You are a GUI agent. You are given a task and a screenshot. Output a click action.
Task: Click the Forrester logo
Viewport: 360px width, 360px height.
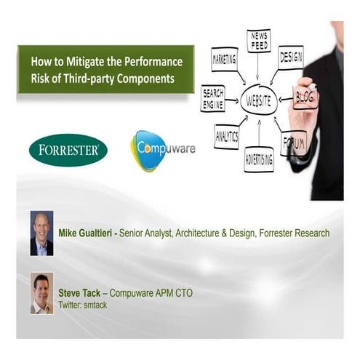(68, 150)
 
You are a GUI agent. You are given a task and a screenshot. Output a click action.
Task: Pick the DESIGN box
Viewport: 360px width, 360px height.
(290, 57)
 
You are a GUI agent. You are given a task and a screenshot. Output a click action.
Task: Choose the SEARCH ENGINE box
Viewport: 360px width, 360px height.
(212, 98)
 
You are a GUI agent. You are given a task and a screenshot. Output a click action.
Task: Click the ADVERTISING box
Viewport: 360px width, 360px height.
(259, 159)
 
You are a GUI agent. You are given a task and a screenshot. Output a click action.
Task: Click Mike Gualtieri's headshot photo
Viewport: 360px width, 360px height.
(41, 233)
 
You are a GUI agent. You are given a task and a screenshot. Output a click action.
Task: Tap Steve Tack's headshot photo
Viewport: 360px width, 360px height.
(41, 292)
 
